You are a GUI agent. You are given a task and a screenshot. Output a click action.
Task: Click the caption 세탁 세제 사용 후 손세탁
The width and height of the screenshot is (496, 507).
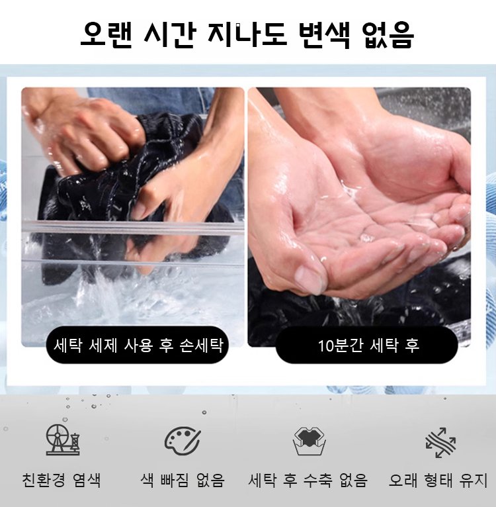pos(138,346)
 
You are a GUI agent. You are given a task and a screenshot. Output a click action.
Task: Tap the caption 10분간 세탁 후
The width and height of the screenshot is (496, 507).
pos(368,346)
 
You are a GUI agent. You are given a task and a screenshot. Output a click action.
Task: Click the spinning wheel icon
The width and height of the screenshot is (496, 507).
pos(63,439)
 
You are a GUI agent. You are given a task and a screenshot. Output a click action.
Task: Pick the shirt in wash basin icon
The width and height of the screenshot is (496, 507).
pos(310,441)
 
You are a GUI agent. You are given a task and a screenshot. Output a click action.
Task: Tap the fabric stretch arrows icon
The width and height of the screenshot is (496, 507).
pos(440,442)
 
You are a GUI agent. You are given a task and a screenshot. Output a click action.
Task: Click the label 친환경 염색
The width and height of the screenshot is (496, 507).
pos(62,480)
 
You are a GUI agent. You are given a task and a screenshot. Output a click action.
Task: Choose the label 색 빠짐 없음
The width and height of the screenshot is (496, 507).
pos(183,480)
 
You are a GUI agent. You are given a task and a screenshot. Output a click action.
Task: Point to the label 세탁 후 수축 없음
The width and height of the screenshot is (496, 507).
pos(308,480)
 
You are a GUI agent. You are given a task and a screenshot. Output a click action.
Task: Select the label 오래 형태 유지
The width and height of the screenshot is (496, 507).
pos(438,480)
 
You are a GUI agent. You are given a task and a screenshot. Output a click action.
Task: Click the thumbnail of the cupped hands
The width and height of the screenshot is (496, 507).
pos(359,217)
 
